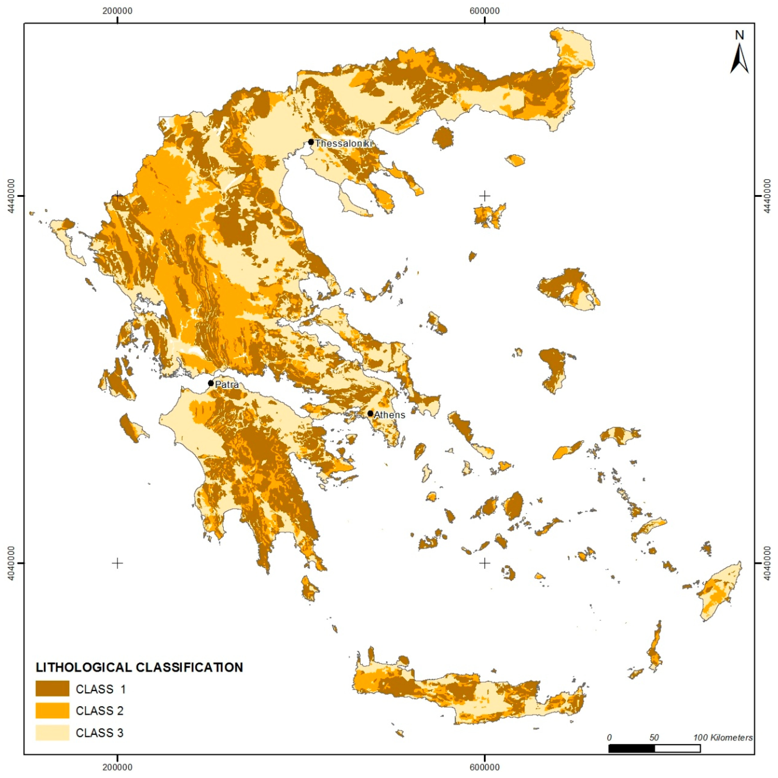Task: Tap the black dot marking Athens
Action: point(370,413)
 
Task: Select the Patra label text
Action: point(227,385)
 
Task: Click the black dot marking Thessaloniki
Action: point(311,142)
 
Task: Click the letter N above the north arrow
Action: point(739,35)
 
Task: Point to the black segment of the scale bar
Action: point(631,748)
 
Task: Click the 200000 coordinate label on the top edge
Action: point(117,10)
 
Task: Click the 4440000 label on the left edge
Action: point(10,196)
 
